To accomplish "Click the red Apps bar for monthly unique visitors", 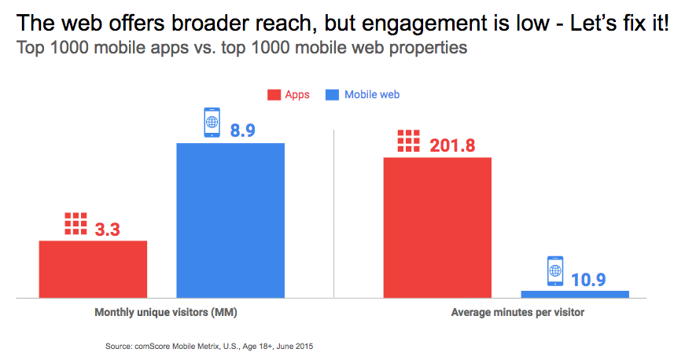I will (94, 269).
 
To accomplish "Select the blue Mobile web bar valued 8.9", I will (230, 220).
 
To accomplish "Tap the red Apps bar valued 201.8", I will (437, 227).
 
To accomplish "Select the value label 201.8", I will (454, 145).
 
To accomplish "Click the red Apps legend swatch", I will (274, 95).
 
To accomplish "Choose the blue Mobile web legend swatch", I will (332, 95).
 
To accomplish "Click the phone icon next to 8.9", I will (212, 123).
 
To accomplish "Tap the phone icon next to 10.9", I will (555, 271).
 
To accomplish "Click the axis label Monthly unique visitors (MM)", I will (166, 313).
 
